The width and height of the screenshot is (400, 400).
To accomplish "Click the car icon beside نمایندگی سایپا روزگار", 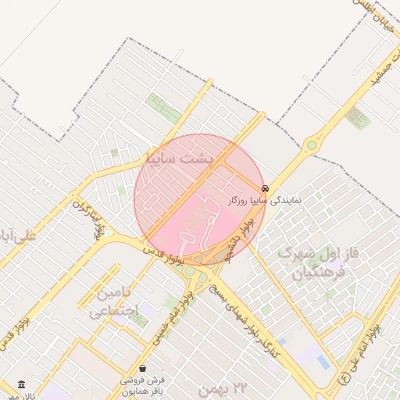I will tap(266, 188).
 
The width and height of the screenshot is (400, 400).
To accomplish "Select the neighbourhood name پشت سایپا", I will tap(179, 159).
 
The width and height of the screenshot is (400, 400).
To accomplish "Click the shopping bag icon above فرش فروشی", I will tap(141, 367).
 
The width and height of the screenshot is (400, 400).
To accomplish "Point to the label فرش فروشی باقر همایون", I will tap(141, 385).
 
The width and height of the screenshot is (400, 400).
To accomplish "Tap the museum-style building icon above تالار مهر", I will tap(20, 384).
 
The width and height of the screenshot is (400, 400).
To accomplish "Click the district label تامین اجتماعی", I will tap(113, 302).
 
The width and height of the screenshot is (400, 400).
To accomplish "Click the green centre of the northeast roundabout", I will tap(312, 144).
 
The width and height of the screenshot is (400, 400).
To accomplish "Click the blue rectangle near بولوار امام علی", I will tap(323, 361).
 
